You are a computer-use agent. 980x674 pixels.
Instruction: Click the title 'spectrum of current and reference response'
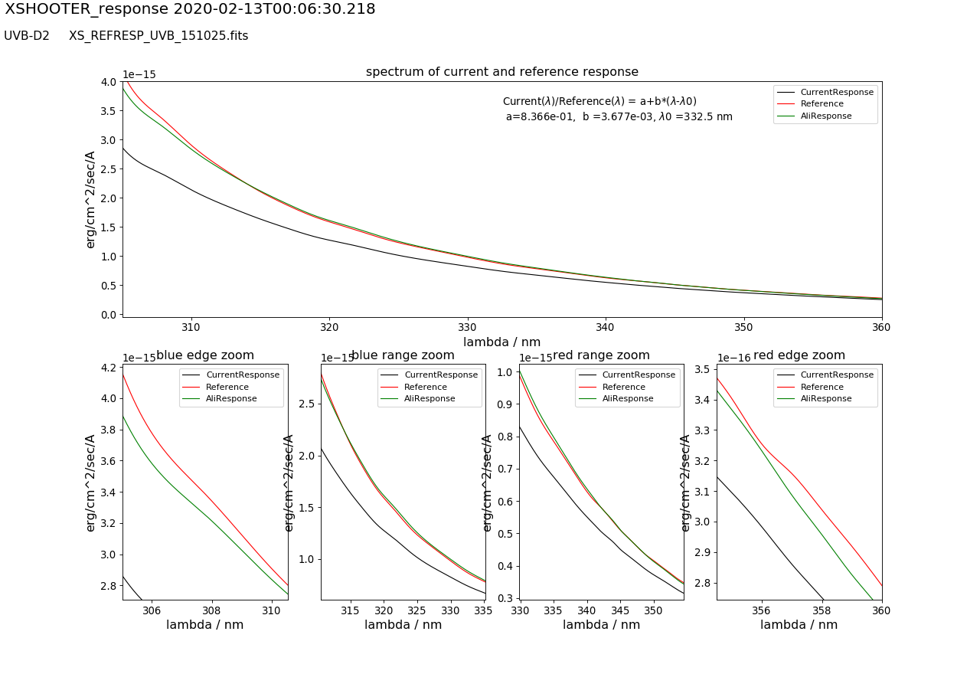pos(501,72)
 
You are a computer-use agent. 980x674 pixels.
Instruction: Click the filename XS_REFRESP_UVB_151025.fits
pos(158,36)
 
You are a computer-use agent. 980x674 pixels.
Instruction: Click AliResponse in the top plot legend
pos(826,116)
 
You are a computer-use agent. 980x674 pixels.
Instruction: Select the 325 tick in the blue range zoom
pos(417,610)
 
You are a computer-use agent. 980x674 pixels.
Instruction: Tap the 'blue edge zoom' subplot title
pos(205,355)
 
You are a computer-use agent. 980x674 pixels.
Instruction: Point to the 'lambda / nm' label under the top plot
pos(501,342)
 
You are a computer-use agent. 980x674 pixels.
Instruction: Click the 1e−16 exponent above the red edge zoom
pos(733,358)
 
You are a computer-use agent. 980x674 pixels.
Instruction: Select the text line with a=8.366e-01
pos(619,117)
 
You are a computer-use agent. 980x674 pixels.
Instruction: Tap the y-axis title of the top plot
pos(90,199)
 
